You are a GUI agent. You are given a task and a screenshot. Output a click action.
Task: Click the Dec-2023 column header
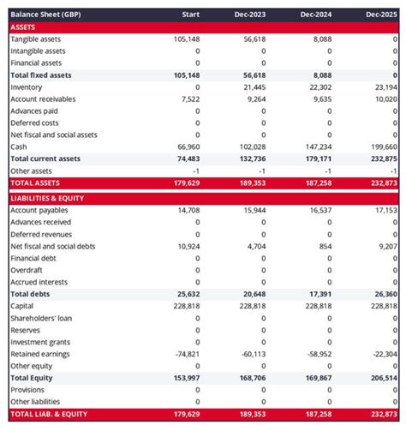coord(249,15)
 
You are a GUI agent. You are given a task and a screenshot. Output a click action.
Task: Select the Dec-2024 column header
coord(315,15)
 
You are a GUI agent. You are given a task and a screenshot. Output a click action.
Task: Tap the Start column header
coord(191,15)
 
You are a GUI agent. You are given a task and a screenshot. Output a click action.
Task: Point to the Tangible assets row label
coord(37,39)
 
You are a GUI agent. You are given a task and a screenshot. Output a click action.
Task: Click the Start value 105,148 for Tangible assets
coord(186,39)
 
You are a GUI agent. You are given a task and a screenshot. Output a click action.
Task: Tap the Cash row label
coord(19,147)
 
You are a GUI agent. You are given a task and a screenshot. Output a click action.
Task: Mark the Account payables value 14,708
coord(188,210)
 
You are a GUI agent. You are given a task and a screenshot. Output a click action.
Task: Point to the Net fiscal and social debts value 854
coord(325,246)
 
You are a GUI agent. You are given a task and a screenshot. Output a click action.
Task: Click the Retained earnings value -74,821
coord(186,354)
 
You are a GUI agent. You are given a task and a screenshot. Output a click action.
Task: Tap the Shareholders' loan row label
coord(41,318)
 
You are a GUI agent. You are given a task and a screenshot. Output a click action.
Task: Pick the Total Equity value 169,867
coord(315,378)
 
